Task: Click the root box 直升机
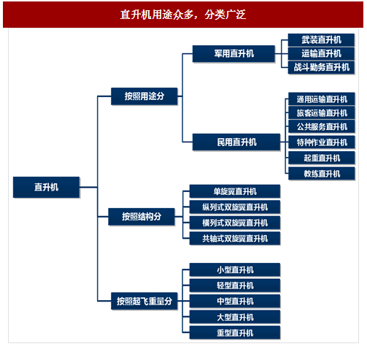click(x=46, y=187)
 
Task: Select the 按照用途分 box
click(x=144, y=96)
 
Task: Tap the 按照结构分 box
click(x=142, y=216)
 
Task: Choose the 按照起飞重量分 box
click(x=144, y=301)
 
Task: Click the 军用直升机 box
click(x=233, y=53)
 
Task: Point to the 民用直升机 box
click(x=236, y=142)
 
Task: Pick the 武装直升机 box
click(x=321, y=40)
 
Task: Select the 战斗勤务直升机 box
click(x=321, y=67)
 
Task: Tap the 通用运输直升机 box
click(x=322, y=99)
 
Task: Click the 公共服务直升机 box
click(x=322, y=126)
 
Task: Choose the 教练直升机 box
click(x=322, y=174)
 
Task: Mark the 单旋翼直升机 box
click(x=235, y=191)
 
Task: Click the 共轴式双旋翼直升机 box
click(x=235, y=238)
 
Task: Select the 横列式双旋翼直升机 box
click(x=235, y=223)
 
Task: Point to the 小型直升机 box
click(x=235, y=269)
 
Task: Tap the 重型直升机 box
click(x=235, y=332)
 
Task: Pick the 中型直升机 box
click(x=235, y=301)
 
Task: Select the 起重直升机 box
click(x=322, y=158)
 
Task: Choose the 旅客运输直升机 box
click(x=322, y=112)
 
